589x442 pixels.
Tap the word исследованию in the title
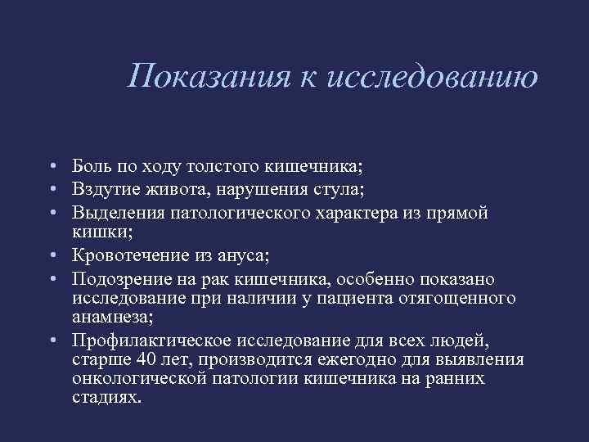tap(433, 78)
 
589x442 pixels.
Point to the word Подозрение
tap(119, 280)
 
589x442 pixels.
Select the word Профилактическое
tap(148, 340)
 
